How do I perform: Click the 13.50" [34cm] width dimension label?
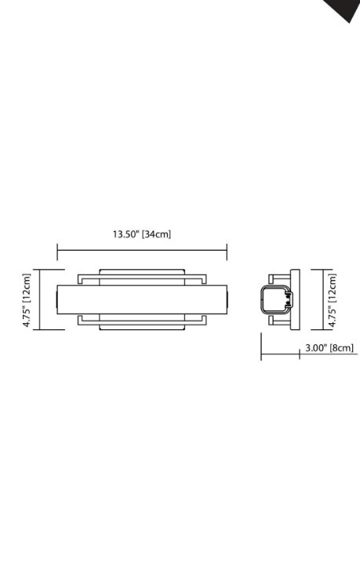pos(142,234)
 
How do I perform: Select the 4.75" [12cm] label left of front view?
pos(27,300)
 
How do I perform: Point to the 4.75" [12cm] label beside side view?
pos(332,299)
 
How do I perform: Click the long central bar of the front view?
pos(142,299)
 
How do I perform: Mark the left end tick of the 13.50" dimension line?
pos(57,251)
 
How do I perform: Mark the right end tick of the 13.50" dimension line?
pos(227,251)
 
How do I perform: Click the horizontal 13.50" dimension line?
pos(142,251)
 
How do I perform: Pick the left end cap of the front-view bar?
pos(60,299)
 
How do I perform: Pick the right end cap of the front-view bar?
pos(225,299)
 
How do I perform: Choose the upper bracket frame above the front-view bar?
pos(142,276)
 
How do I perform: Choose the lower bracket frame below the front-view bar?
pos(142,322)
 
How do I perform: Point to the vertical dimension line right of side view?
pos(322,299)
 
